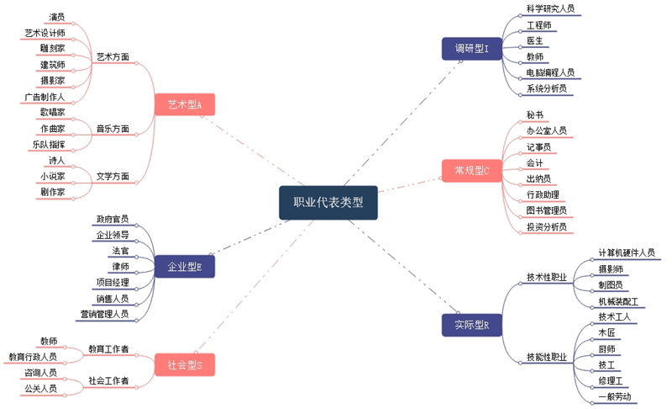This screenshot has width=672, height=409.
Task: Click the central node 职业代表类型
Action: click(328, 202)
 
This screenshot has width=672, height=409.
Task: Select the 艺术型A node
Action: click(185, 104)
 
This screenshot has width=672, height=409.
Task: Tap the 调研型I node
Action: click(471, 49)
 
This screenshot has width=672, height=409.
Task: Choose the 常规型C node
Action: click(471, 171)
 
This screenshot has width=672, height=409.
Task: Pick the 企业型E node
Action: click(185, 267)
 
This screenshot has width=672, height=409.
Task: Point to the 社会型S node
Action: click(185, 364)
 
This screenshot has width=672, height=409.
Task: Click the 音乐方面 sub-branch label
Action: click(113, 129)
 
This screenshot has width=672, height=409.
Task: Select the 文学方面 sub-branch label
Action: click(113, 177)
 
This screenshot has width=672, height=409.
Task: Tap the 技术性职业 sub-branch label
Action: click(546, 277)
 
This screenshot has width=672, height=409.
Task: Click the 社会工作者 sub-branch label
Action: click(108, 381)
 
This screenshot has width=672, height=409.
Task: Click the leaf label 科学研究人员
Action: click(550, 8)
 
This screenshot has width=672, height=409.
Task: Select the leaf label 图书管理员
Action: click(546, 210)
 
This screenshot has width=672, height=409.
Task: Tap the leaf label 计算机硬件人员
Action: click(626, 252)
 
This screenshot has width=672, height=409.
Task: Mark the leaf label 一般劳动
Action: click(614, 396)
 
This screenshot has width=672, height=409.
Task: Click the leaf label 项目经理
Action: click(113, 282)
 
